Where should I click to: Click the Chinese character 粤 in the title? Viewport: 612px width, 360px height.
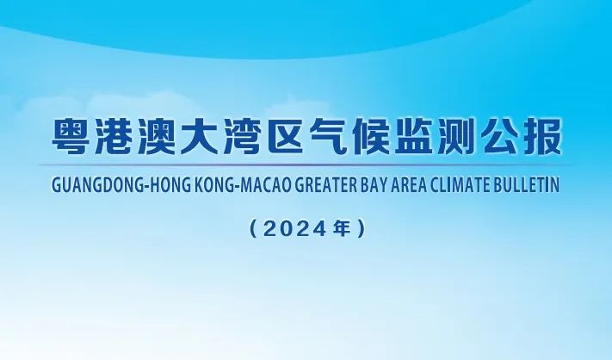[74, 136]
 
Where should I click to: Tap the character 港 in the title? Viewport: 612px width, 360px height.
[116, 136]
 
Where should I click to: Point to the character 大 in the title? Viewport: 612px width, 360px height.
[200, 136]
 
